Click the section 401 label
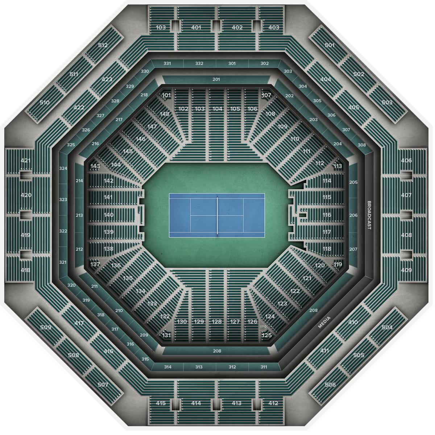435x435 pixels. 196,28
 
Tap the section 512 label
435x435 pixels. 103,45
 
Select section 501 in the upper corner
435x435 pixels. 330,45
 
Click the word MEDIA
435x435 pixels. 324,322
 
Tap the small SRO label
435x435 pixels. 263,327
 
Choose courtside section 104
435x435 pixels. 217,109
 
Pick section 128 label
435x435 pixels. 217,322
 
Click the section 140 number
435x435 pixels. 109,215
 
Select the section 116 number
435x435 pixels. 327,215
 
